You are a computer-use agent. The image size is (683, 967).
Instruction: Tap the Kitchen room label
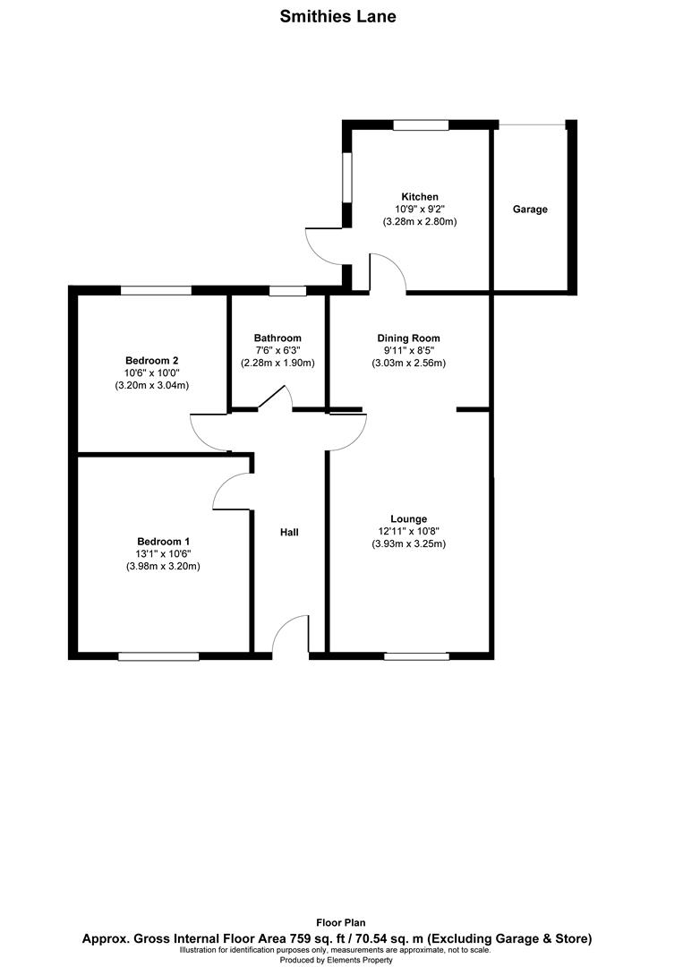click(420, 196)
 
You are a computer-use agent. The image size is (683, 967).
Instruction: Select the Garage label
click(530, 209)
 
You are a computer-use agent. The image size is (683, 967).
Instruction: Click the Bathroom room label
click(277, 338)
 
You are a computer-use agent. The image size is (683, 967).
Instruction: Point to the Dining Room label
click(408, 338)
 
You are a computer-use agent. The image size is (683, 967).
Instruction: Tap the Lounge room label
click(408, 518)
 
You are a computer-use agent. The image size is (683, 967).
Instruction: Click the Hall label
click(289, 532)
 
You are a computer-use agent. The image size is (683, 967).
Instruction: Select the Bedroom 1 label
click(163, 541)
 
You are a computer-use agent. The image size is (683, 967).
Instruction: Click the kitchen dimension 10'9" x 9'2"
click(420, 209)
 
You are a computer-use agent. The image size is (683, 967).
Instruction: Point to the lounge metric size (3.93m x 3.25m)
click(408, 543)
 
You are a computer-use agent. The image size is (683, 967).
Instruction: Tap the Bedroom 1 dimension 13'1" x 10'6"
click(163, 553)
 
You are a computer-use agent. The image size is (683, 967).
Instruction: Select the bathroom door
click(273, 398)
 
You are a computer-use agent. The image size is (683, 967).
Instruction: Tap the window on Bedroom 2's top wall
click(157, 290)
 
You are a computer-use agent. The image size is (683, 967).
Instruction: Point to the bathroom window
click(286, 290)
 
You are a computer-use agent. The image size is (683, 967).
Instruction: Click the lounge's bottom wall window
click(416, 656)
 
